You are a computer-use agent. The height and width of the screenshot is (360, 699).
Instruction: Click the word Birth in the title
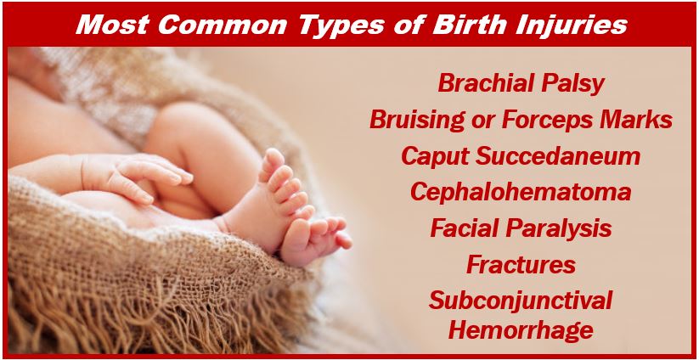(x=464, y=25)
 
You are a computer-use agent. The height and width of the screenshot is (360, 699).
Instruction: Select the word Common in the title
(x=223, y=25)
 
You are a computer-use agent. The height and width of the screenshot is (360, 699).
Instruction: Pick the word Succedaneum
(x=557, y=156)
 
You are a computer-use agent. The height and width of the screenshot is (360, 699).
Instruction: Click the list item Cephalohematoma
(x=521, y=193)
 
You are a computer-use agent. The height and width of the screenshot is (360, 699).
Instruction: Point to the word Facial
(x=465, y=228)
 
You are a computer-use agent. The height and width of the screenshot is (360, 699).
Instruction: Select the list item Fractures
(x=521, y=265)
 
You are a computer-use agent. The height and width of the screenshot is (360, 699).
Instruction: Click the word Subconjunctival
(x=521, y=301)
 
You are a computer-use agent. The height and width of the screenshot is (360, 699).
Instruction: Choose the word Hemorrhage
(x=521, y=331)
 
